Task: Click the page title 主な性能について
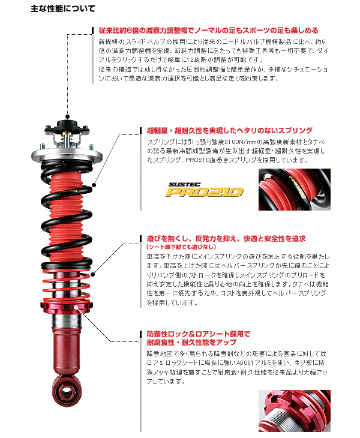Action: point(63,8)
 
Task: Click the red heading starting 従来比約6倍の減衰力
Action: point(208,31)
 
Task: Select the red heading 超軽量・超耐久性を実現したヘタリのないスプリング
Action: point(230,130)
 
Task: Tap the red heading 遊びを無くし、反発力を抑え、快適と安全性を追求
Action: point(226,239)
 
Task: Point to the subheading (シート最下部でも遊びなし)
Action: point(182,247)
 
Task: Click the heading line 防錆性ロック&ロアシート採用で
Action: point(199,334)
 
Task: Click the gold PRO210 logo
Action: point(204,192)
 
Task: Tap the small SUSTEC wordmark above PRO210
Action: point(184,185)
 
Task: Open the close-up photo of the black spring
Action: point(295,190)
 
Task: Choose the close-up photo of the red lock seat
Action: point(295,411)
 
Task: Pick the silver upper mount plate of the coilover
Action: point(67,154)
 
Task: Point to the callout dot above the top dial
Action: point(67,116)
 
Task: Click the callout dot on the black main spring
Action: point(94,185)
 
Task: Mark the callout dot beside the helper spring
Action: point(93,274)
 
